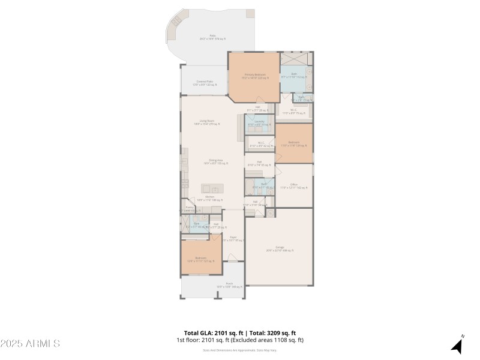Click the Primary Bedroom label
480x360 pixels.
click(x=254, y=76)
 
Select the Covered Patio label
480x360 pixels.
click(x=205, y=83)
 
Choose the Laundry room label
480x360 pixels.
click(x=260, y=122)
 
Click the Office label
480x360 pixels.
click(x=293, y=186)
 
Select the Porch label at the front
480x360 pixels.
click(x=229, y=284)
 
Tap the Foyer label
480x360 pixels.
click(x=232, y=238)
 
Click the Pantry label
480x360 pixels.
click(x=189, y=209)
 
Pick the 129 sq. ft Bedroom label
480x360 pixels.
click(x=293, y=143)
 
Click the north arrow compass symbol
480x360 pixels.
click(x=457, y=346)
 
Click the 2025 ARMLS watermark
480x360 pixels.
click(x=30, y=344)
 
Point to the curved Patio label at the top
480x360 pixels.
click(x=212, y=37)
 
